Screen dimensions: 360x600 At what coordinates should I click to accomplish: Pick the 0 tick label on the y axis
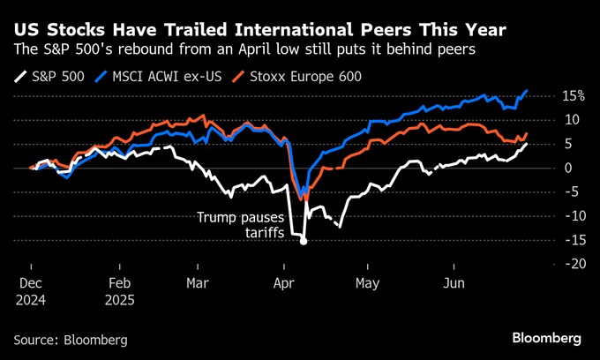(566, 168)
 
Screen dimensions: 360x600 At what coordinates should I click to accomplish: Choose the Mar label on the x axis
(197, 283)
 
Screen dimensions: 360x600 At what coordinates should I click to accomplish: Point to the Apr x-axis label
(283, 283)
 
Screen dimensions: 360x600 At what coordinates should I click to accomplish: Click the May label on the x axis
(367, 283)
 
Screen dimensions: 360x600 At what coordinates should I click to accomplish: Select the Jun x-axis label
(453, 283)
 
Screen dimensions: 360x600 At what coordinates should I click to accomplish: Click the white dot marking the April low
(304, 241)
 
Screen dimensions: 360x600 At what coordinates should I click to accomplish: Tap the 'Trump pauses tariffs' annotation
(236, 224)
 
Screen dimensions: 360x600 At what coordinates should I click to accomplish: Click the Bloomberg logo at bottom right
(546, 338)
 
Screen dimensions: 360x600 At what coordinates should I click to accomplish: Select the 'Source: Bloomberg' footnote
(71, 339)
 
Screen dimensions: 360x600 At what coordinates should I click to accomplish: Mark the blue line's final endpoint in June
(527, 90)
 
